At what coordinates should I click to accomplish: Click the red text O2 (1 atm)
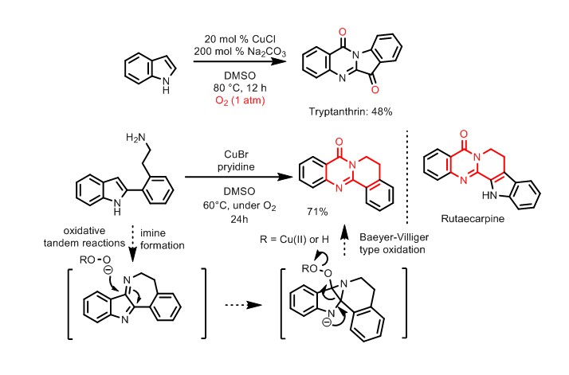coord(240,100)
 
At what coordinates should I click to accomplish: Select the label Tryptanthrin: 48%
coord(351,111)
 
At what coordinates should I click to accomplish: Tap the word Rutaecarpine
coord(473,219)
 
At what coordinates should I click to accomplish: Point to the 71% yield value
coord(317,212)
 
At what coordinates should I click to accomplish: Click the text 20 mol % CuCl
coord(240,39)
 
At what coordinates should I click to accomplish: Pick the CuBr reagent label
coord(236,154)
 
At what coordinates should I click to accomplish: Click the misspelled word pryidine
coord(236,167)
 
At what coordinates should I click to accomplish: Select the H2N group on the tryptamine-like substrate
coord(135,138)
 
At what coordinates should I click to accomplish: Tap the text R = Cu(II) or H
coord(294,240)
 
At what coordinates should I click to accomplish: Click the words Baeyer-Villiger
coord(394,237)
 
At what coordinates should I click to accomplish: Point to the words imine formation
coord(163,239)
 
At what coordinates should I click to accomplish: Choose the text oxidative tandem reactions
coord(84,236)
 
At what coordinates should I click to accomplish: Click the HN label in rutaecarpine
coord(489,196)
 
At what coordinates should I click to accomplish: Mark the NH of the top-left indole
coord(166,85)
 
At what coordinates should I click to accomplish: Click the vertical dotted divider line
coord(407,177)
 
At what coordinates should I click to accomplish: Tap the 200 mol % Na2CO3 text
coord(240,52)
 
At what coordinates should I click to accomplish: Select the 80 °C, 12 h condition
coord(240,88)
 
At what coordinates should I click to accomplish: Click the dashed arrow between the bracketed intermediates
coord(244,305)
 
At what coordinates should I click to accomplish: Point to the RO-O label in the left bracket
coord(95,260)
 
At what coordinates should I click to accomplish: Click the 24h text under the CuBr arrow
coord(239,220)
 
